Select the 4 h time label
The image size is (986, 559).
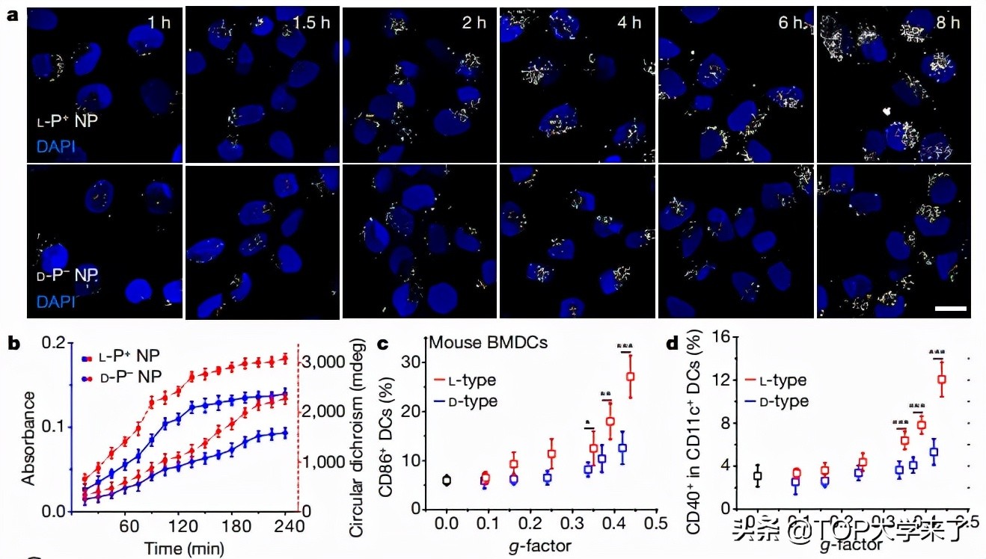626,22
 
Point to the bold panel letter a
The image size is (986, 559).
13,14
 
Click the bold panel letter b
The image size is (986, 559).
13,345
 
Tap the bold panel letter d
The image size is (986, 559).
672,345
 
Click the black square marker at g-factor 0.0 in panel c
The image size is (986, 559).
447,481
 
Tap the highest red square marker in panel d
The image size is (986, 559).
941,380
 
